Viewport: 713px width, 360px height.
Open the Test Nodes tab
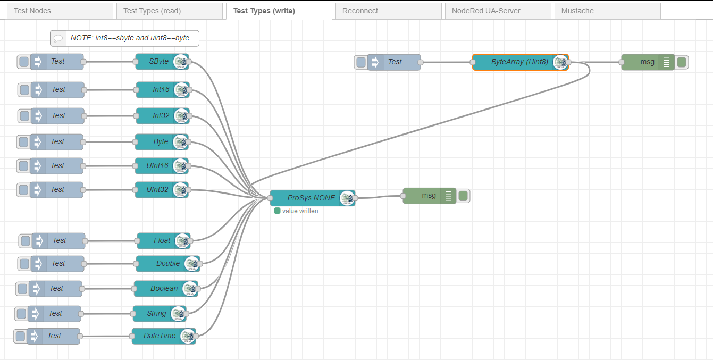(x=58, y=11)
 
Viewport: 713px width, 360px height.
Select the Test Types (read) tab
(x=167, y=11)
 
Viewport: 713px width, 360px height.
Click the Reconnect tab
(x=388, y=11)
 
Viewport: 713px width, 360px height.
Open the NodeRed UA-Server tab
(x=498, y=11)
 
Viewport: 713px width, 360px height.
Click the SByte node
(x=158, y=62)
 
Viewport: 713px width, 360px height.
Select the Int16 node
(x=160, y=90)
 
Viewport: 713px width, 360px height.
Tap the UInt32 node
(x=157, y=190)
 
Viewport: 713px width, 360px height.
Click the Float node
(x=161, y=241)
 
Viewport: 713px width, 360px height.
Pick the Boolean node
(x=163, y=289)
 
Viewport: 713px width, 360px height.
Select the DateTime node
(x=159, y=336)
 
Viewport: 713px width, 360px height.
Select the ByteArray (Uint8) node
(x=518, y=62)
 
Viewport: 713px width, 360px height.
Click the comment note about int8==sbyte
(x=125, y=38)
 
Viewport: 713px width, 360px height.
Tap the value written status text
(x=300, y=211)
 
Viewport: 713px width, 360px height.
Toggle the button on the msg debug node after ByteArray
(x=682, y=62)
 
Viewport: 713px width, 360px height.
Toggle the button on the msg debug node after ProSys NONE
(x=463, y=196)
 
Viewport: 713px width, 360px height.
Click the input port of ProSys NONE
(x=270, y=198)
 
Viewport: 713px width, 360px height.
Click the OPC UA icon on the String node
(x=178, y=314)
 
